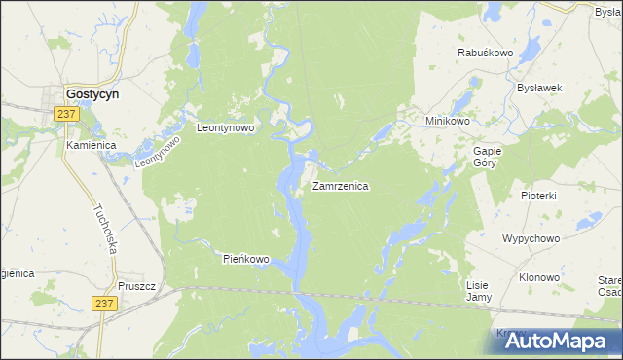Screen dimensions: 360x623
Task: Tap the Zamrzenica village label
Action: pos(340,186)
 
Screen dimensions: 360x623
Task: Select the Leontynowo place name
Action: pos(225,127)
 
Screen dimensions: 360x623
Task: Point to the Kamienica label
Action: pos(92,145)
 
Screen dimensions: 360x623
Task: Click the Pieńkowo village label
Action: pos(245,259)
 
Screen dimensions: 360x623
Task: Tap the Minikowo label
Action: pos(448,121)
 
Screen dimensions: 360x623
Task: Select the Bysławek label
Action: pos(540,87)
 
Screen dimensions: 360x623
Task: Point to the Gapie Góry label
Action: pos(486,158)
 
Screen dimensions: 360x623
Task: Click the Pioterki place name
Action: pos(537,196)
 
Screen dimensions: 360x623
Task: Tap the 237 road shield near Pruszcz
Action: pos(106,304)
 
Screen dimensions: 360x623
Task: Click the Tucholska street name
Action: pos(106,229)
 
